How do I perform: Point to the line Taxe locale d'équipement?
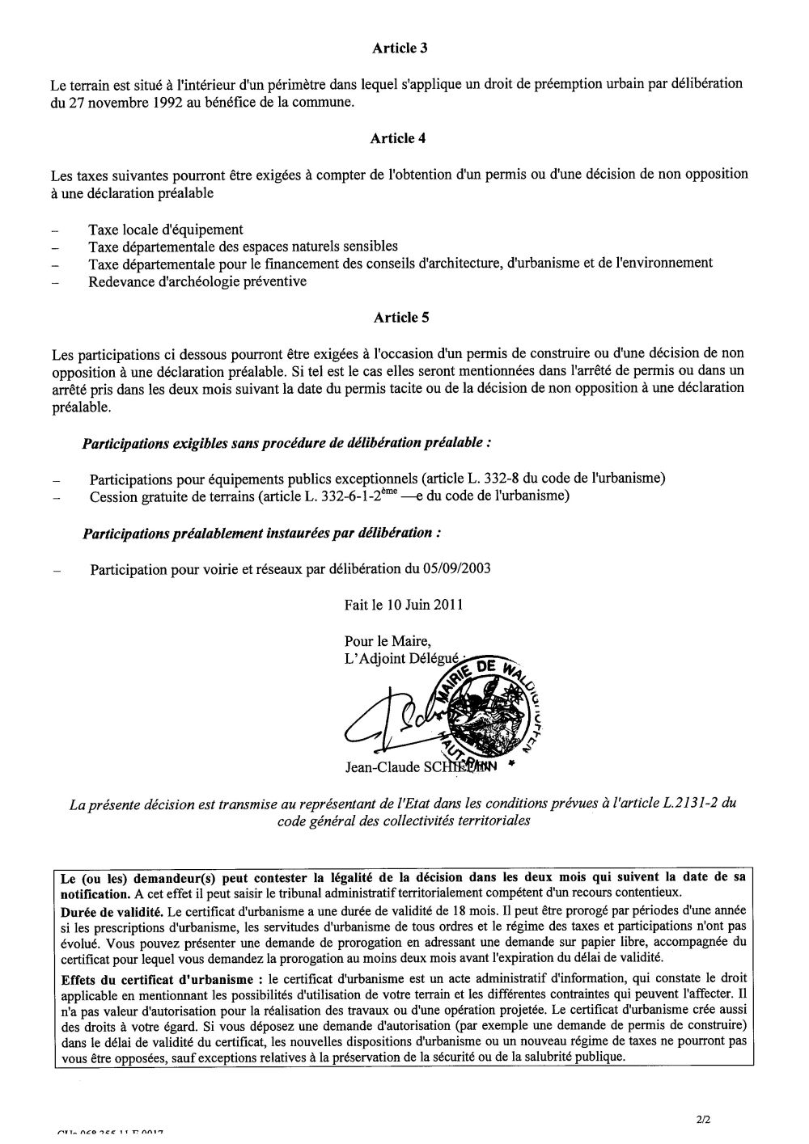click(166, 230)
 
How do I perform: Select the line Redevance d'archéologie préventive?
click(197, 282)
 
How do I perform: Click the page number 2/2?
click(701, 1120)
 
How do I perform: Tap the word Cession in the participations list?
click(113, 496)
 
